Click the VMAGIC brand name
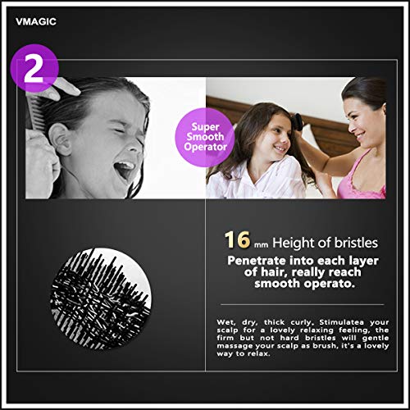(36, 21)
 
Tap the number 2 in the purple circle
(34, 69)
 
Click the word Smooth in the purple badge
(205, 137)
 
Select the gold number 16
(238, 240)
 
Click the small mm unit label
(261, 244)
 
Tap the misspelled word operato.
(329, 284)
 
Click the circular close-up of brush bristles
(101, 298)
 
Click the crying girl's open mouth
(125, 168)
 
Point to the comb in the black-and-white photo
(33, 112)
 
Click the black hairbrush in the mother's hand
(297, 121)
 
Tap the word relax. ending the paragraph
(259, 353)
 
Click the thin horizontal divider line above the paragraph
(302, 304)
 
